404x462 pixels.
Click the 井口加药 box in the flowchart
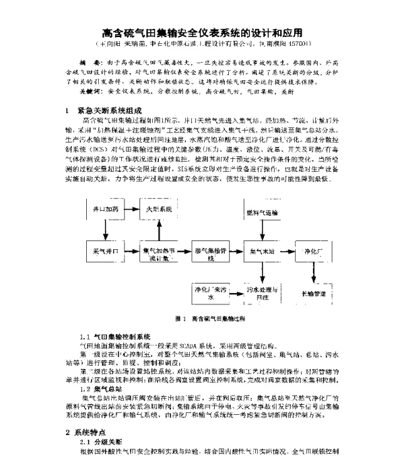(x=104, y=211)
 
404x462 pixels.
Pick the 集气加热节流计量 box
(x=159, y=253)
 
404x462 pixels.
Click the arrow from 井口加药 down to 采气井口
(x=104, y=230)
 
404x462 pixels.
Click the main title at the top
(x=202, y=31)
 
